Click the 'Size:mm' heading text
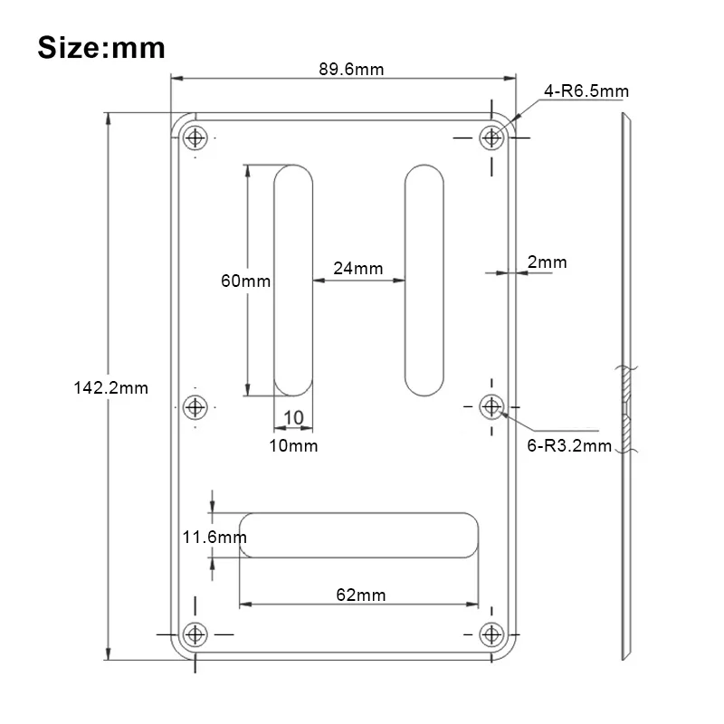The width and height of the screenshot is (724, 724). (x=101, y=48)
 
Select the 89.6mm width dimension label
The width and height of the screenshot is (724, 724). (x=351, y=70)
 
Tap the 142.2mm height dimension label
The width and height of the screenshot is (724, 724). (x=110, y=388)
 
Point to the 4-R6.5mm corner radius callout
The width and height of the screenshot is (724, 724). (x=586, y=91)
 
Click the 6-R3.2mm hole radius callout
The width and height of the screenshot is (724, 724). (x=569, y=445)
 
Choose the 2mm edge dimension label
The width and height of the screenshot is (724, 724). (x=548, y=262)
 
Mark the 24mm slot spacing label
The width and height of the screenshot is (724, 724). (x=358, y=268)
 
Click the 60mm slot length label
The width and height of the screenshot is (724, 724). (x=245, y=281)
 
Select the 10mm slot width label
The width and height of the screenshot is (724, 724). (x=293, y=445)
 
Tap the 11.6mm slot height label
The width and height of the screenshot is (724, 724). (x=214, y=537)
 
